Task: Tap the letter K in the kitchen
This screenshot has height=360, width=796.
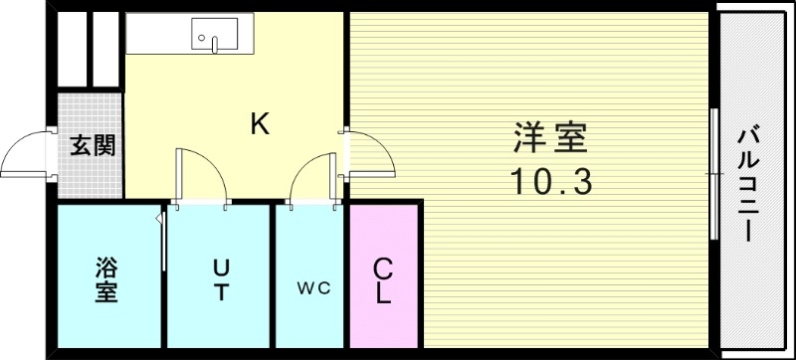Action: pyautogui.click(x=259, y=123)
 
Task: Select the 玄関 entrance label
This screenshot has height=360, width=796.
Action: pyautogui.click(x=93, y=145)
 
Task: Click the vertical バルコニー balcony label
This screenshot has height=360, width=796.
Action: pyautogui.click(x=751, y=183)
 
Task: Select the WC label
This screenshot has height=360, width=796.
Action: pyautogui.click(x=310, y=289)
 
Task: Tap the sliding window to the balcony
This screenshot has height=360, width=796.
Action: pyautogui.click(x=714, y=173)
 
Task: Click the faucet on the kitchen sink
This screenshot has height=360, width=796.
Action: pyautogui.click(x=212, y=43)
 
